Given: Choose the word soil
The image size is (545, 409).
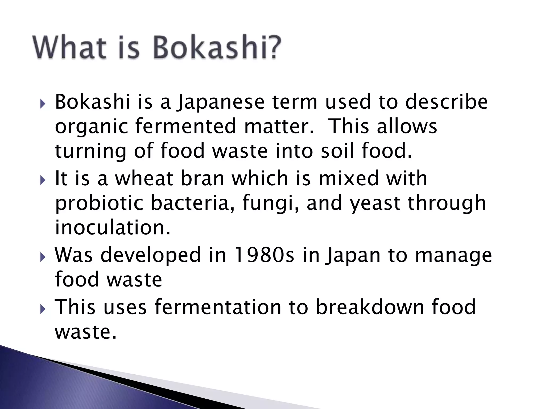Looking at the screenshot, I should (x=337, y=150).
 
